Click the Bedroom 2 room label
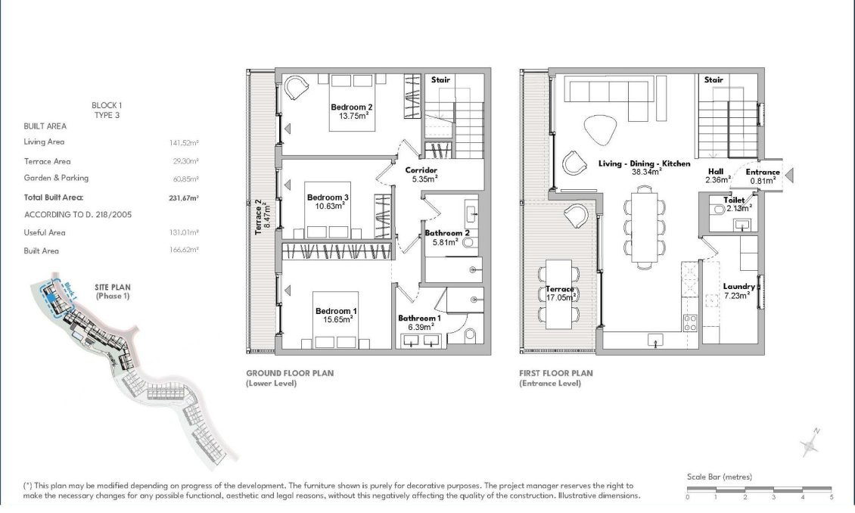352,107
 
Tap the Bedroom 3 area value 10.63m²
329,206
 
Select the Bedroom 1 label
337,311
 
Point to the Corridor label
421,170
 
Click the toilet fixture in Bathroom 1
471,334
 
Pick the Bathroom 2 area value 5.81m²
446,242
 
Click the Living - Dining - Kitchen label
645,163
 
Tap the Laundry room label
738,286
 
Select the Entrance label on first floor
763,172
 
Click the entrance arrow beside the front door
789,175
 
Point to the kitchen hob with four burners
690,323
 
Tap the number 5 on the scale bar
832,497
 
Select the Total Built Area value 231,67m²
184,198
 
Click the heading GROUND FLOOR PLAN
290,373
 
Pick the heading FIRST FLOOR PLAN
555,373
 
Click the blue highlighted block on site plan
51,298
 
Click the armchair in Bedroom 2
296,87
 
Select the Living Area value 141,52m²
184,143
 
